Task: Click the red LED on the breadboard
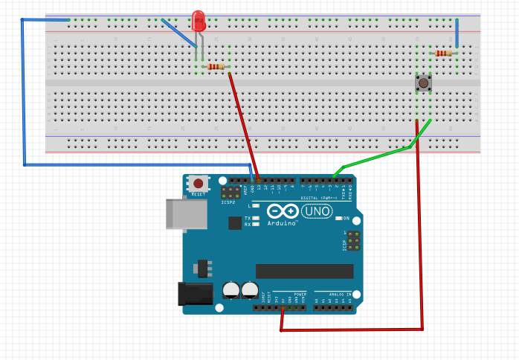(x=199, y=21)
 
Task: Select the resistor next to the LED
(x=216, y=67)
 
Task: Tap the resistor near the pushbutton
(x=445, y=53)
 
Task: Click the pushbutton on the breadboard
(x=423, y=83)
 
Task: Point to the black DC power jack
(x=192, y=294)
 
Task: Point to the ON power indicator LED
(x=338, y=219)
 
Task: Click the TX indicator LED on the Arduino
(x=255, y=218)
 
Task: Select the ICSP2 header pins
(x=228, y=192)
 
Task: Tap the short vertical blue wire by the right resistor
(x=457, y=33)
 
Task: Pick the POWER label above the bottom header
(x=300, y=295)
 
